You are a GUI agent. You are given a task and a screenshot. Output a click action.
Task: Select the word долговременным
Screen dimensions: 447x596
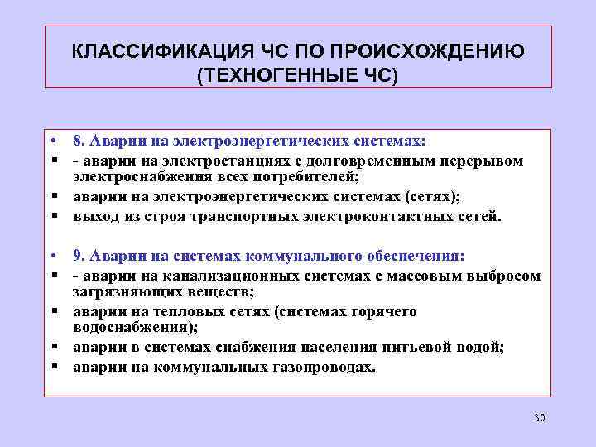(372, 161)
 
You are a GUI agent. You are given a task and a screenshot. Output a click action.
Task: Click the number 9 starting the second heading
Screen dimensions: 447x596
(77, 255)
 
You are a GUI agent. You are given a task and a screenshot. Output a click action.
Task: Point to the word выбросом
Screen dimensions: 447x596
(505, 275)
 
